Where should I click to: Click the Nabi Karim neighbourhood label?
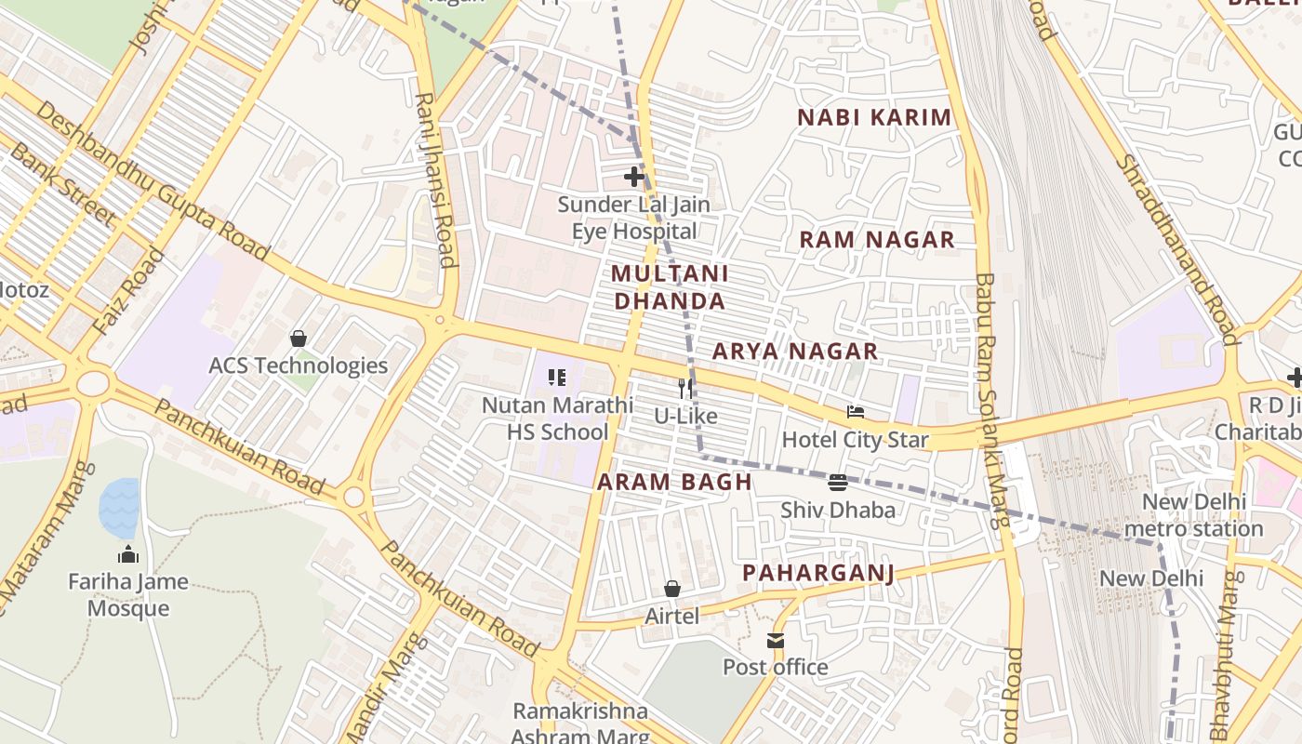(x=875, y=117)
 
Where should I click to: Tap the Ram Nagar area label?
(x=877, y=240)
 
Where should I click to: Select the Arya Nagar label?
(x=795, y=352)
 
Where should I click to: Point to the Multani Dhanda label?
(x=670, y=287)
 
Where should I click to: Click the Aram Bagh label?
(x=674, y=482)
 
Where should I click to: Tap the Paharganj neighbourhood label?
(x=818, y=573)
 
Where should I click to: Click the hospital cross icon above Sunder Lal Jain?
(x=634, y=176)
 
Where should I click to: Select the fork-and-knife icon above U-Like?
(x=685, y=388)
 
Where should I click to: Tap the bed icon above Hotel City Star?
(x=855, y=412)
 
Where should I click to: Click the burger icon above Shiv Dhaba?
(x=838, y=482)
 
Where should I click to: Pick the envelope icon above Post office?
(x=776, y=640)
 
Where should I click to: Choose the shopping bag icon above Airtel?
(x=672, y=589)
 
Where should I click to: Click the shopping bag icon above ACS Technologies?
(x=299, y=338)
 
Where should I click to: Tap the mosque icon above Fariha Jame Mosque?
(x=127, y=555)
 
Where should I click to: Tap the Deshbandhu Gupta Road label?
(x=153, y=181)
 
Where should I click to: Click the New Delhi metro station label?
(x=1193, y=515)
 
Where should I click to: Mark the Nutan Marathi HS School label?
(x=557, y=418)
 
